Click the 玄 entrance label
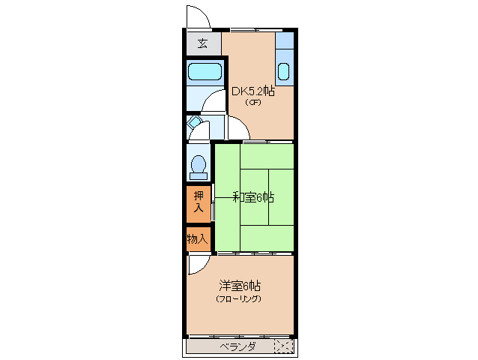(x=202, y=43)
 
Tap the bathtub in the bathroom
(x=205, y=73)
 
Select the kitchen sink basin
(x=284, y=72)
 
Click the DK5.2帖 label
(x=252, y=91)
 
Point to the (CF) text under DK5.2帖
(x=252, y=103)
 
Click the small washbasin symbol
(x=194, y=121)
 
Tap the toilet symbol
(x=199, y=163)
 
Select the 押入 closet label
(x=198, y=202)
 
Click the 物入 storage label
(x=197, y=239)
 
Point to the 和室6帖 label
(x=252, y=197)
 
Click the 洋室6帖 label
(x=240, y=286)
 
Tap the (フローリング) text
(x=239, y=298)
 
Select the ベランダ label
(x=238, y=346)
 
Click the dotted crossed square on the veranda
(x=284, y=346)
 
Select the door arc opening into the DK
(x=235, y=127)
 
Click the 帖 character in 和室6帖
(x=268, y=197)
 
